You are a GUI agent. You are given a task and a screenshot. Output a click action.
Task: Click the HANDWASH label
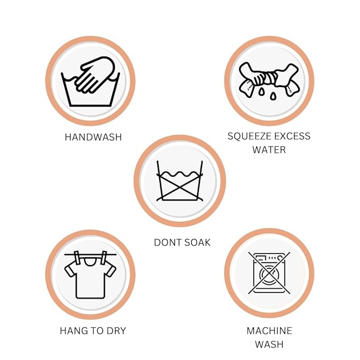coord(93,137)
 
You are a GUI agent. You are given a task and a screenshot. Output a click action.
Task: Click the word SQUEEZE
coord(249,136)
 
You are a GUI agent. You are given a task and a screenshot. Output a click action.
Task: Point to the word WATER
coord(269,150)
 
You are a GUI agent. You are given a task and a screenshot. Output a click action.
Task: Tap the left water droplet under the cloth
coord(261,92)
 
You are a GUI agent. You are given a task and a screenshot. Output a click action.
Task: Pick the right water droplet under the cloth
coord(273,96)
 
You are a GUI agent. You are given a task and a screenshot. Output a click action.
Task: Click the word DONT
coord(167,243)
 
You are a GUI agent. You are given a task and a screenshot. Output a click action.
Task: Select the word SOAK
coord(197,243)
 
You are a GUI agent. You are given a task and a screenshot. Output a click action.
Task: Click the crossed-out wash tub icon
coord(180,181)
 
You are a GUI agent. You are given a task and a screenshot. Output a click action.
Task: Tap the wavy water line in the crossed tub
coord(180,174)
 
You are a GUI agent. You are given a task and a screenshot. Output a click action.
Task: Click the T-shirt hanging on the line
coord(90,278)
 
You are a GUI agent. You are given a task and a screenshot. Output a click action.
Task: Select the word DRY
coord(116,331)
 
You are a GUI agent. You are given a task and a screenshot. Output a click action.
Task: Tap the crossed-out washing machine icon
coord(269,273)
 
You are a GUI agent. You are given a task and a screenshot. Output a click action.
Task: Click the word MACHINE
coord(269,331)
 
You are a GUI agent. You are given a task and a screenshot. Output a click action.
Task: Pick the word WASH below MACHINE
coord(269,345)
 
